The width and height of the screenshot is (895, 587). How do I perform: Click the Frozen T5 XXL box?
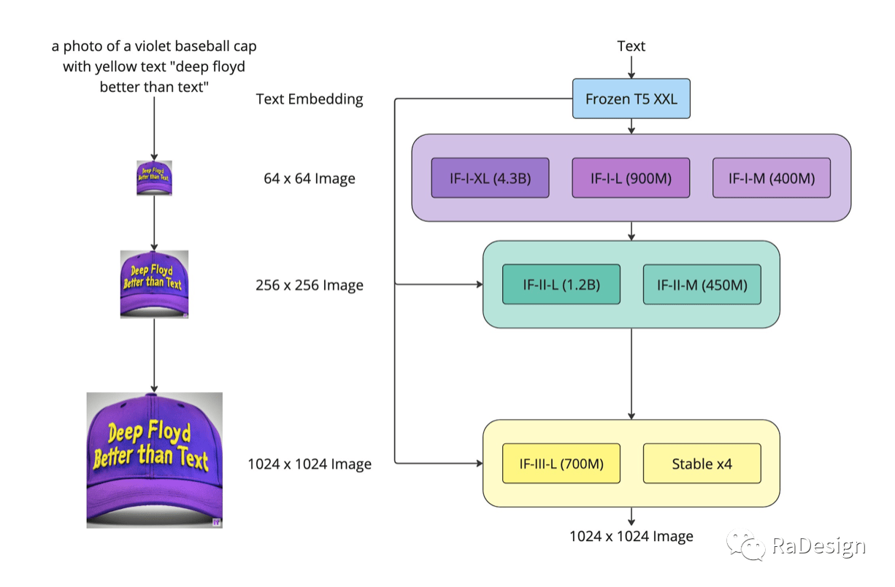(631, 99)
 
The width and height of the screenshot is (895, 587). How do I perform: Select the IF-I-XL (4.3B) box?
(490, 178)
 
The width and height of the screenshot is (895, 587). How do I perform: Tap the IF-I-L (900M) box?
(631, 178)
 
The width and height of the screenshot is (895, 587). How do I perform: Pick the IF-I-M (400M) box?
(772, 178)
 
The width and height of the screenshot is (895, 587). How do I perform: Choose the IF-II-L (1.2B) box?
(561, 285)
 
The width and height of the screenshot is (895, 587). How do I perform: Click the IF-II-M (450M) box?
(702, 285)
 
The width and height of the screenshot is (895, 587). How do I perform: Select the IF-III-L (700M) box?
(561, 464)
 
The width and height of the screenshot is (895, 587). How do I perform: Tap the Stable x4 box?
(702, 464)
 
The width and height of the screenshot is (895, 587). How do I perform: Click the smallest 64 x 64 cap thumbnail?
(154, 178)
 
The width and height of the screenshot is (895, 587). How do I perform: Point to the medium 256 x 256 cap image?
(154, 285)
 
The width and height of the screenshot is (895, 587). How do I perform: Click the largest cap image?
(155, 461)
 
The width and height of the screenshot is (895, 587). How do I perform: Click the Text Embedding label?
(310, 99)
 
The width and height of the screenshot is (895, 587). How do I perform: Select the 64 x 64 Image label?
(310, 178)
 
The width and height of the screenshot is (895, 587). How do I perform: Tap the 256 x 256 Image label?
(310, 285)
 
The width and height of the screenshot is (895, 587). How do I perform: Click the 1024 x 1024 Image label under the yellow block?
(631, 536)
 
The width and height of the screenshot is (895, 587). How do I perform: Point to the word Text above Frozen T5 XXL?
(631, 46)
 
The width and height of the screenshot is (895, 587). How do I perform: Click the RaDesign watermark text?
(819, 546)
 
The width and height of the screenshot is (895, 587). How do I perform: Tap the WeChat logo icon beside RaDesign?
(745, 545)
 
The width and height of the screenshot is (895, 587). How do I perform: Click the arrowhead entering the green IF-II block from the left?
(480, 285)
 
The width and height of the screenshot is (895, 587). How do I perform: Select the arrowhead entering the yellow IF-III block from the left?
(480, 464)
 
